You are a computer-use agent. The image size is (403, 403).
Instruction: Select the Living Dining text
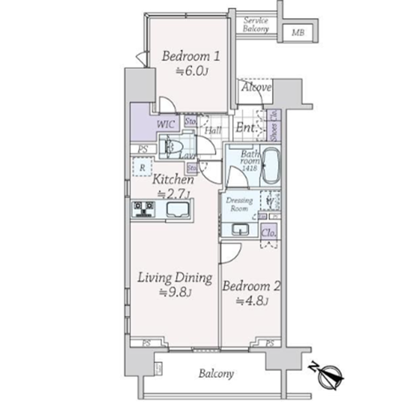175,277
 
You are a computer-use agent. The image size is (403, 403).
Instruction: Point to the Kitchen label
173,180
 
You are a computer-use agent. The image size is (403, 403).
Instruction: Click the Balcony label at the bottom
216,374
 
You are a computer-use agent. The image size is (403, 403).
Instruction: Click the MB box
297,32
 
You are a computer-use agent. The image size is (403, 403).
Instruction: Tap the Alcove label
255,88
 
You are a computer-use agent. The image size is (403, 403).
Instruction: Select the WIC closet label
166,125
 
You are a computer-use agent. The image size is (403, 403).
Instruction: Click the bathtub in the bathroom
270,166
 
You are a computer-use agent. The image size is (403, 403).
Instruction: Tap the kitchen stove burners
144,209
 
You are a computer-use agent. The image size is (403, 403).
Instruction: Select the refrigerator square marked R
142,167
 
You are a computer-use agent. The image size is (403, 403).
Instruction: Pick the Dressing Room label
239,205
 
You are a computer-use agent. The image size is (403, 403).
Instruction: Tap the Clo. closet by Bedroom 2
268,232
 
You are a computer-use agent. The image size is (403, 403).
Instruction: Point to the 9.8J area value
175,293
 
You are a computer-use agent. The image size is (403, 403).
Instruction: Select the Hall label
213,131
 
